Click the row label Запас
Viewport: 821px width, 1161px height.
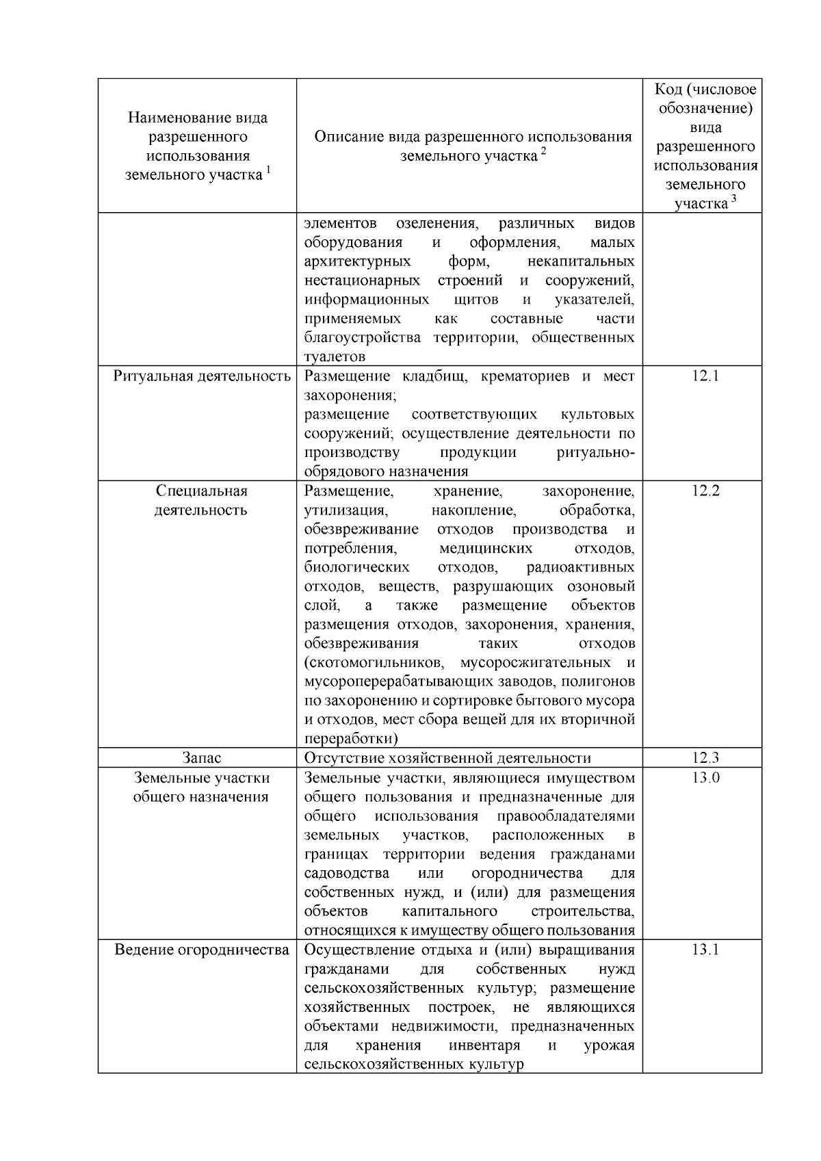tap(201, 758)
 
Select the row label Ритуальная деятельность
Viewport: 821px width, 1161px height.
tap(202, 376)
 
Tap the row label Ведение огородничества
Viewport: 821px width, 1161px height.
tap(202, 950)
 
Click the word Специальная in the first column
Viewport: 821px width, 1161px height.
tap(201, 491)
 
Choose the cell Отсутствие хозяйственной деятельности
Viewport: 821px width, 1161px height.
tap(447, 758)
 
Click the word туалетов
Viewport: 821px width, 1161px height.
tap(335, 357)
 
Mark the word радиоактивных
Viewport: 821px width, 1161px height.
tap(580, 568)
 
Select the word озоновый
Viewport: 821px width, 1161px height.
tap(601, 587)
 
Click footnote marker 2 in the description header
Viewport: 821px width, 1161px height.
tap(543, 152)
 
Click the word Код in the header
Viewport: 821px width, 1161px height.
tap(668, 90)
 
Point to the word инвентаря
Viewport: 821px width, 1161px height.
tap(484, 1046)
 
